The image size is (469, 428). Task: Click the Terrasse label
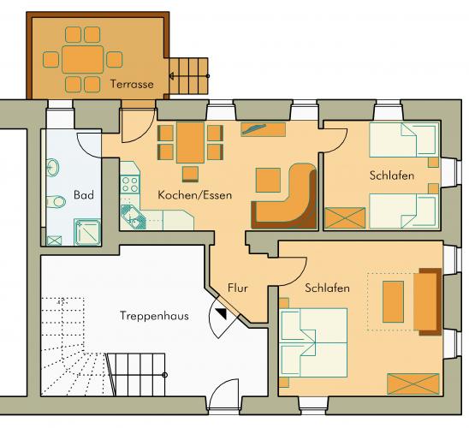point(132,84)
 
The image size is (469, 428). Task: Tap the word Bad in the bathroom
point(84,195)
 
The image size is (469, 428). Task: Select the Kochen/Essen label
point(195,195)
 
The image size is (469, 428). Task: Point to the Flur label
point(238,288)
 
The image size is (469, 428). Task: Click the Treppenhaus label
point(154,316)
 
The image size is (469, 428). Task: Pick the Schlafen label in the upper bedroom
point(392,175)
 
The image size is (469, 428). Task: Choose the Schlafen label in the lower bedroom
point(327,288)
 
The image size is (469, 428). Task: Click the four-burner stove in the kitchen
point(130,185)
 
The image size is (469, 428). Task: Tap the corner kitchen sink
point(133,217)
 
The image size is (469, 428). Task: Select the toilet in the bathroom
point(56,202)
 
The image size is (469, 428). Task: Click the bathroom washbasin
point(53,168)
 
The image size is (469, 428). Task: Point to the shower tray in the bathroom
point(87,232)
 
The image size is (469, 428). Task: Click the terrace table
point(83,59)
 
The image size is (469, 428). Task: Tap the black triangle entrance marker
point(223,313)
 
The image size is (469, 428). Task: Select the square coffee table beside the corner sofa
point(268,180)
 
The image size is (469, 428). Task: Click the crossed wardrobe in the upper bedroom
point(345,218)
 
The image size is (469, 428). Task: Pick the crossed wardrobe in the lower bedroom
point(413,383)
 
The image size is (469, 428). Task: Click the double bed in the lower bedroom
point(314,342)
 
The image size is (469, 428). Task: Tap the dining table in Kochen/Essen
point(190,142)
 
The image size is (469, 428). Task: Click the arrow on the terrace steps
point(189,76)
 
